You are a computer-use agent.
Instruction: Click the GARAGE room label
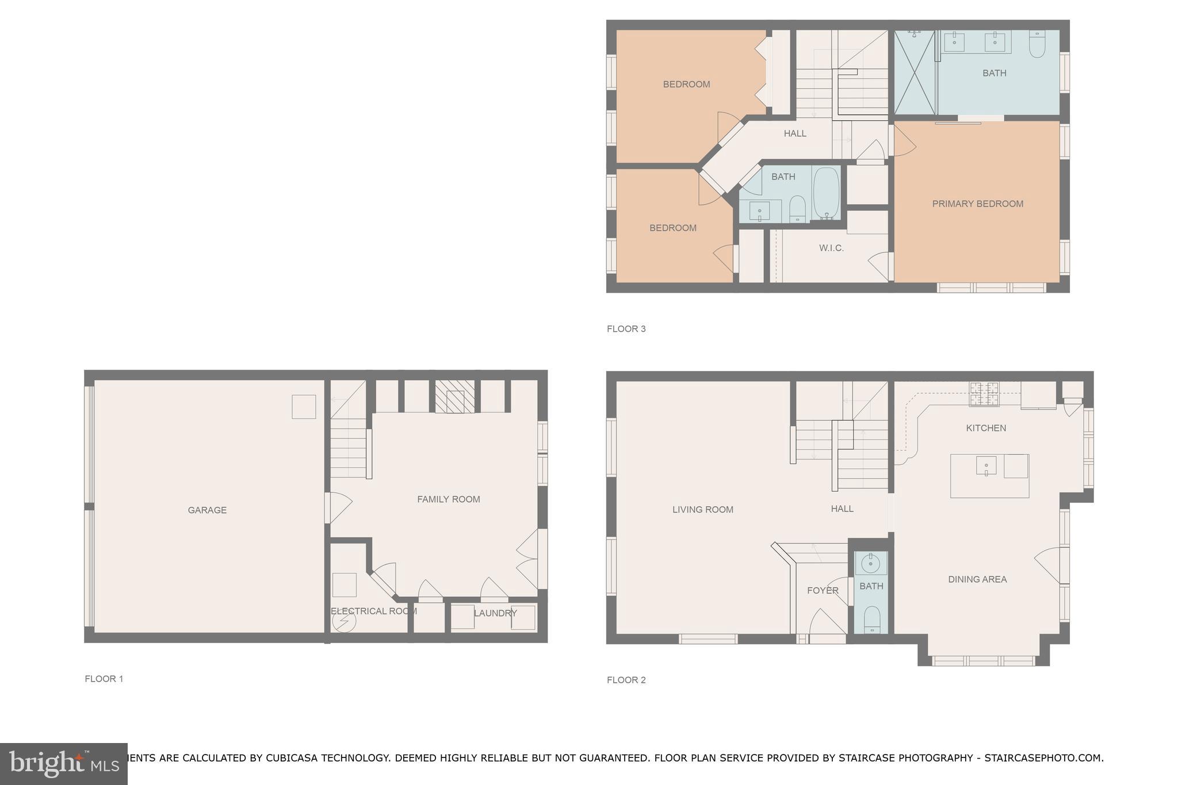coord(207,510)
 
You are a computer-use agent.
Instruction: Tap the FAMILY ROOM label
coord(448,499)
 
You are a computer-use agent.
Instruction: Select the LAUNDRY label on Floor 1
coord(495,613)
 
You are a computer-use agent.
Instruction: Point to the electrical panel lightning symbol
coord(345,622)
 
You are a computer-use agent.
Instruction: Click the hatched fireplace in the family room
coord(454,397)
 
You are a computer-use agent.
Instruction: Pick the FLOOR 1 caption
coord(104,679)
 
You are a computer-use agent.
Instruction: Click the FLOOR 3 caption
coord(626,329)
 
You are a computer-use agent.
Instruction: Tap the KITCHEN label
coord(986,428)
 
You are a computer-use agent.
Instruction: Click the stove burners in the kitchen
coord(984,394)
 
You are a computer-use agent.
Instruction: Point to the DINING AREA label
coord(977,579)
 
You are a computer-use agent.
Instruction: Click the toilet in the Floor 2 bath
coord(871,619)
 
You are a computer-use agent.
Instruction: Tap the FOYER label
coord(823,591)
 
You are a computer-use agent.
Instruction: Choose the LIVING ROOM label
coord(702,510)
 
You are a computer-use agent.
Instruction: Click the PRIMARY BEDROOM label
coord(977,204)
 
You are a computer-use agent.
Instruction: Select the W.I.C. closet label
coord(831,248)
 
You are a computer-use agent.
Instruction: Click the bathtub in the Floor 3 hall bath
coord(826,193)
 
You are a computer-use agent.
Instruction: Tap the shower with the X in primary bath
coord(914,72)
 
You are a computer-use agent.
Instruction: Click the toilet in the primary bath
coord(1037,45)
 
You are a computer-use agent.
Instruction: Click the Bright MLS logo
coord(64,764)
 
